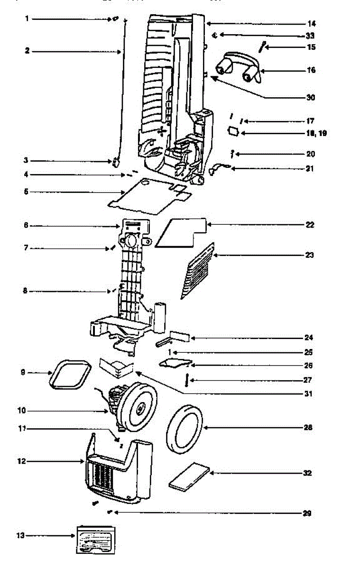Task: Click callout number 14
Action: pos(311,24)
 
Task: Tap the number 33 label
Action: pos(310,36)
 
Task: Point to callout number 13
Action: pos(20,536)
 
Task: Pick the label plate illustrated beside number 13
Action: pos(96,539)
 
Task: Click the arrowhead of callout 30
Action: pos(212,78)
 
